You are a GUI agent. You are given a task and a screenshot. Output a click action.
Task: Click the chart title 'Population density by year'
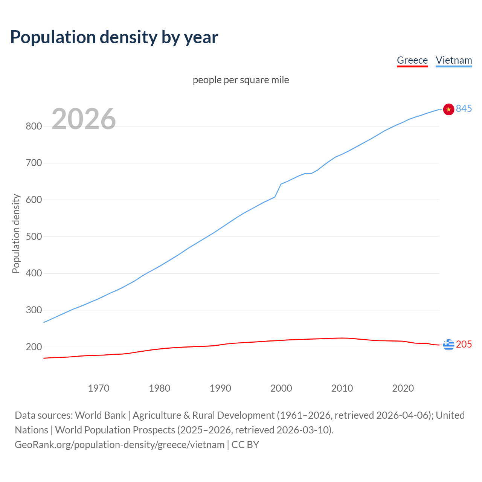(x=114, y=37)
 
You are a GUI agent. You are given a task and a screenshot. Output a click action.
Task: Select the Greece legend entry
(x=412, y=60)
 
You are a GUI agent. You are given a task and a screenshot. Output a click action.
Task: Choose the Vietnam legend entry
(x=454, y=60)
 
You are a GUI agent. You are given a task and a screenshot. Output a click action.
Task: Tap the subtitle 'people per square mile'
(x=241, y=80)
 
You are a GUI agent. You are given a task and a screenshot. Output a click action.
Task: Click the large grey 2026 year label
(x=84, y=119)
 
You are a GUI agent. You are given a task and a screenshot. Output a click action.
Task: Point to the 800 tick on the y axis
(x=34, y=126)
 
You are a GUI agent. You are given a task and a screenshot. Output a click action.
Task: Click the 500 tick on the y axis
(x=34, y=236)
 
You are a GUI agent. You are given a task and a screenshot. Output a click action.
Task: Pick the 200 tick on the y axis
(x=34, y=347)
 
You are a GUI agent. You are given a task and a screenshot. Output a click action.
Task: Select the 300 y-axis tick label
(x=34, y=310)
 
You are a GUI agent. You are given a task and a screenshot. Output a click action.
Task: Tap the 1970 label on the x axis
(x=99, y=388)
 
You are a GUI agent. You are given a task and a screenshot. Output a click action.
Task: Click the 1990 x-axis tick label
(x=220, y=388)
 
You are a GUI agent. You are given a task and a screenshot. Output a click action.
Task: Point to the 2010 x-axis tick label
(x=342, y=388)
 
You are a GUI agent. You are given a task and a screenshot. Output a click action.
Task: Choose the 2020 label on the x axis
(x=403, y=388)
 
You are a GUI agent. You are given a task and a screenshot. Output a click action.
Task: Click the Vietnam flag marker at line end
(x=448, y=109)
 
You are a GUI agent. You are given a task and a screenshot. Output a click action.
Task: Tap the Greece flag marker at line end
(x=448, y=345)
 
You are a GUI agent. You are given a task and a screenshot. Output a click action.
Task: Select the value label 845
(x=464, y=109)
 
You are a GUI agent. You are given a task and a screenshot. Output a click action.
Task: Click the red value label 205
(x=464, y=345)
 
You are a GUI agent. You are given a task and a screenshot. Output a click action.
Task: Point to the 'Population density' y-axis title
(x=16, y=233)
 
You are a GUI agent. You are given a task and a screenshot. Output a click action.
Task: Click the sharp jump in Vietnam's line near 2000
(x=278, y=191)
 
